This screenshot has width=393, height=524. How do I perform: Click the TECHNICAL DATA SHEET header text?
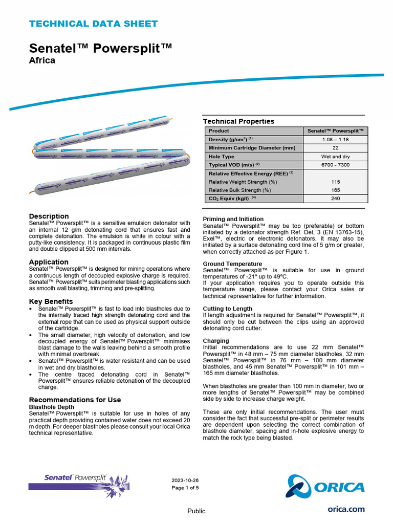click(x=93, y=24)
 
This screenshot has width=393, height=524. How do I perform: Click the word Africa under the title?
click(x=42, y=60)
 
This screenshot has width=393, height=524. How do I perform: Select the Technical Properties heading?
click(x=238, y=121)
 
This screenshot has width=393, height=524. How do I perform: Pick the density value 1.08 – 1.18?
click(x=335, y=139)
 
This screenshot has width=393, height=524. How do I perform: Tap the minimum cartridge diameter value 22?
click(x=335, y=148)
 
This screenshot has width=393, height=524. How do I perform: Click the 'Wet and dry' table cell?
click(x=335, y=157)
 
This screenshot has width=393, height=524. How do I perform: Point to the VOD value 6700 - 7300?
click(x=335, y=165)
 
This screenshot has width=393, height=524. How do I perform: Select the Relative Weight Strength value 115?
click(x=335, y=182)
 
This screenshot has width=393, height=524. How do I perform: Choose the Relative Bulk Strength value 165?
click(x=335, y=190)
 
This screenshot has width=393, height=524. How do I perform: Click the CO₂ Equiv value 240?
click(x=335, y=199)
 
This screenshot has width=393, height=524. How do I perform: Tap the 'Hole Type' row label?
click(x=222, y=157)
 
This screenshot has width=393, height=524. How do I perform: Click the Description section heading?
click(x=49, y=216)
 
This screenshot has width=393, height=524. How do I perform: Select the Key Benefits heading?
click(x=51, y=301)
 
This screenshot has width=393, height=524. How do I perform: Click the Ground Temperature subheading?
click(x=232, y=264)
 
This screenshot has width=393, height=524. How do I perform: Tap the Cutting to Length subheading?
click(x=228, y=309)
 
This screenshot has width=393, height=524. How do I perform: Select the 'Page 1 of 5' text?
click(x=185, y=488)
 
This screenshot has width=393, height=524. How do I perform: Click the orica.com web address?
click(x=346, y=509)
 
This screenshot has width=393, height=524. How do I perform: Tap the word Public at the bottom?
click(x=196, y=511)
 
